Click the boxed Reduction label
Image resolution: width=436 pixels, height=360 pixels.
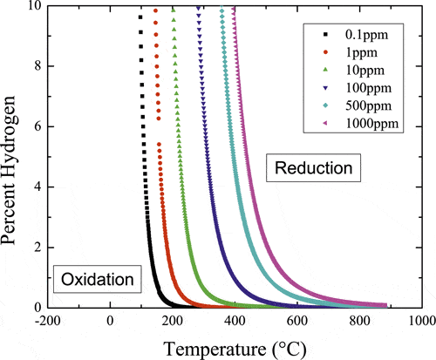(314, 166)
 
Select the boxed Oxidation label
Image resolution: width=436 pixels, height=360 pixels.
(98, 279)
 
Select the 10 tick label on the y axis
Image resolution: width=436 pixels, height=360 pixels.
(31, 7)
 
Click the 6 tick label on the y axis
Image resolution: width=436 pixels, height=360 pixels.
(35, 126)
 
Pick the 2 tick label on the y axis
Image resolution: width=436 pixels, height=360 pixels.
(35, 248)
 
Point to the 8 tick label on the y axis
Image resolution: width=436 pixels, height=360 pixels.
(35, 66)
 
